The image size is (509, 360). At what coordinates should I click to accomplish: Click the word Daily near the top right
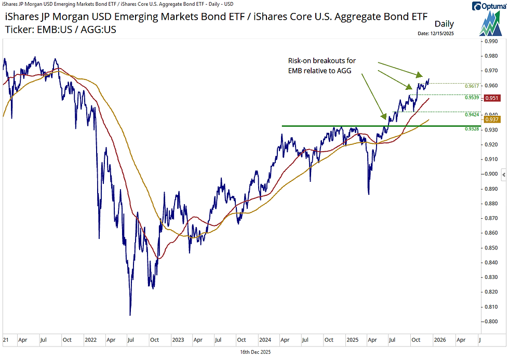pos(444,24)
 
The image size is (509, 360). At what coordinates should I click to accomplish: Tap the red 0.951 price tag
pos(491,98)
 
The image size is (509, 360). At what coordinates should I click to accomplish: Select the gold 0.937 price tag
pos(491,119)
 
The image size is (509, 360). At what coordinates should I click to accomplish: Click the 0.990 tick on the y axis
pos(491,41)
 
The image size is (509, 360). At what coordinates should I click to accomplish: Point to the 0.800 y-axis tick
pos(491,322)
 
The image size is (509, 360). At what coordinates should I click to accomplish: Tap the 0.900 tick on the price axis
pos(491,174)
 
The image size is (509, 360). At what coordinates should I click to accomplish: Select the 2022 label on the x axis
pos(90,340)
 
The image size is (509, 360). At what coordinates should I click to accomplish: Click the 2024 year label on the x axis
pos(265,340)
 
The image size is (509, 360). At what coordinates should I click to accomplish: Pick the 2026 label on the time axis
pos(439,340)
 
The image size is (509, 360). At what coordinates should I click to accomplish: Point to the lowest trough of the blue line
pos(130,315)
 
